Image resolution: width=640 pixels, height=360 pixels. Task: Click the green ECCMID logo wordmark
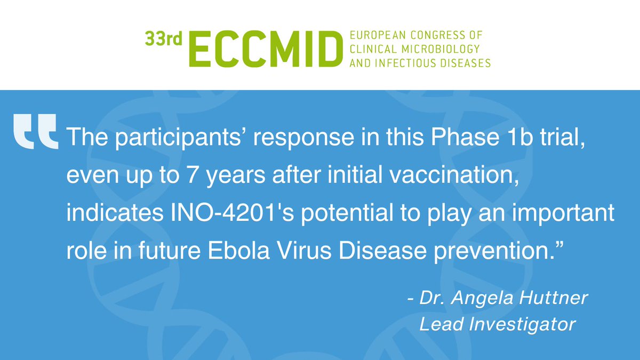pos(265,49)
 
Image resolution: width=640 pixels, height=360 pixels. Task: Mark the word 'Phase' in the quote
pos(449,140)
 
